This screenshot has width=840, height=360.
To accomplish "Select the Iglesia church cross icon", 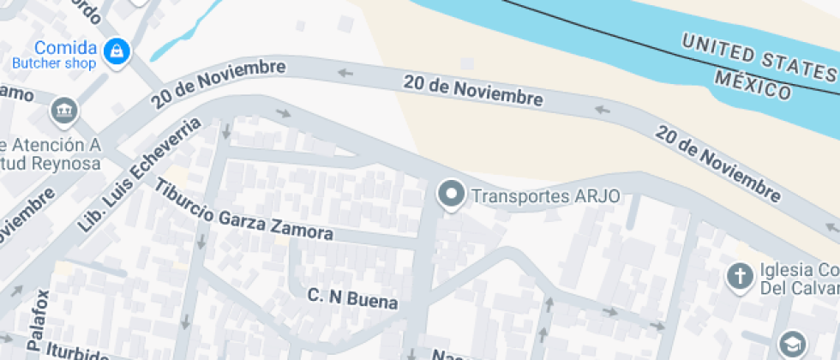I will (x=738, y=277).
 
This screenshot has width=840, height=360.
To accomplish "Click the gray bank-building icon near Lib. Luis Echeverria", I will (x=63, y=110).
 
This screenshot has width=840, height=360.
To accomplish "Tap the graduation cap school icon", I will (x=791, y=345).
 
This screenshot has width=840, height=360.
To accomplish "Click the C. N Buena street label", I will (x=353, y=298).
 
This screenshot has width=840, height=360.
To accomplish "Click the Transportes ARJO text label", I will (x=546, y=196).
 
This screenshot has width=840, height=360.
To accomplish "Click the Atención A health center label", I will (x=51, y=145).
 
